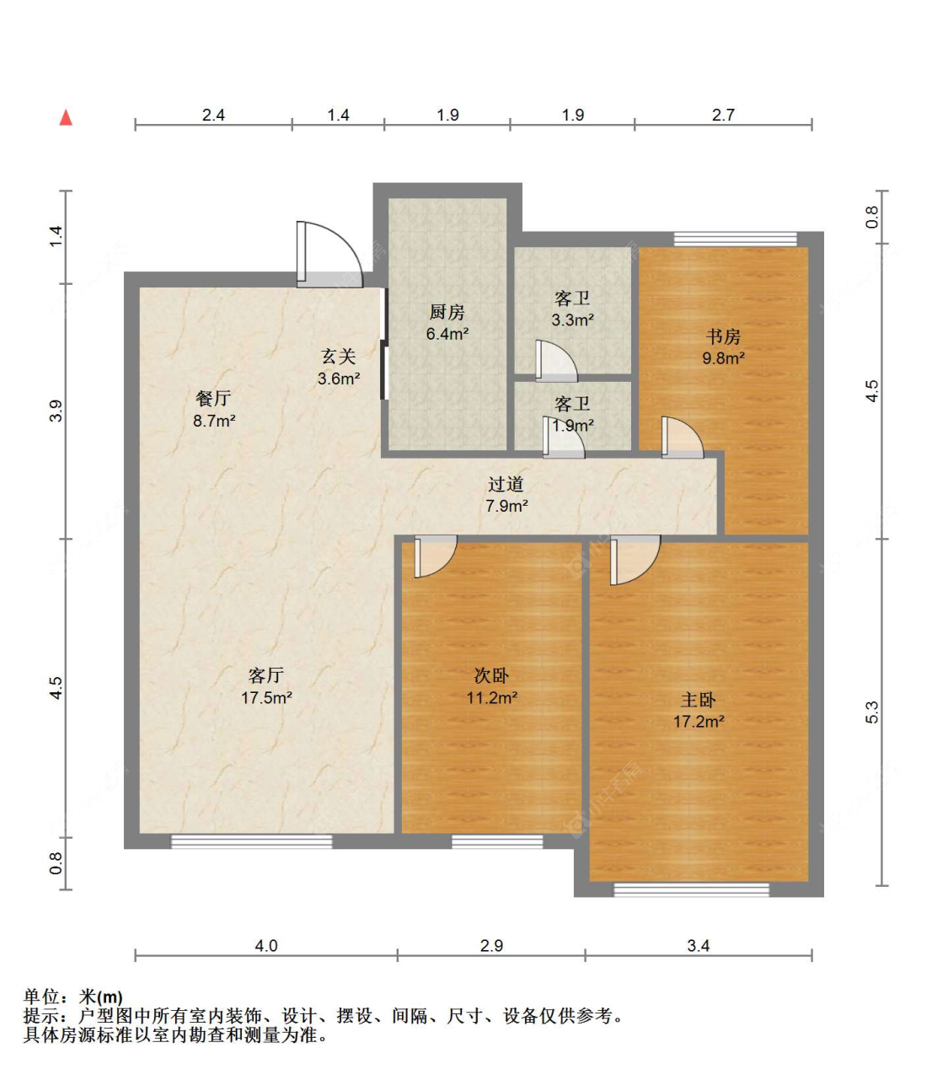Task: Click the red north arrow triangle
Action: pos(66,118)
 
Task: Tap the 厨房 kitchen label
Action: pos(447,312)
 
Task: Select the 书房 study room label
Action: pos(723,336)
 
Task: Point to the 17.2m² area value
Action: pos(698,722)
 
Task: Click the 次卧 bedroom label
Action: pos(491,675)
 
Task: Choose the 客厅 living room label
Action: pos(266,675)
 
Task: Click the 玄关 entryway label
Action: pos(339,356)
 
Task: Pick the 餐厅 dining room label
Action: pos(213,398)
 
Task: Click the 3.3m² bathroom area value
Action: pos(572,320)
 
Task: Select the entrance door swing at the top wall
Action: pos(329,255)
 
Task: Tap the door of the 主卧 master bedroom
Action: pos(635,561)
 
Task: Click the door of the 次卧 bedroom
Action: pos(436,556)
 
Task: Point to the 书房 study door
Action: pos(683,437)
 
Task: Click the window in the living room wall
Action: pos(251,841)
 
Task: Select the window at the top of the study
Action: pos(736,239)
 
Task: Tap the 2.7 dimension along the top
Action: pos(723,115)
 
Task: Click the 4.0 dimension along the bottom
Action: pos(266,946)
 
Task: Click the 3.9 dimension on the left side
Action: pos(56,411)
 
